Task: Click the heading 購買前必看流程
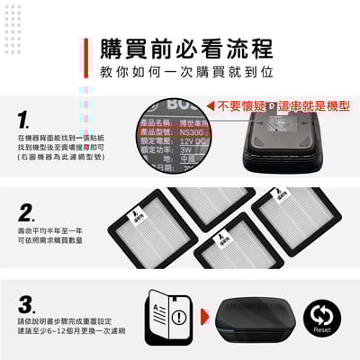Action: click(186, 48)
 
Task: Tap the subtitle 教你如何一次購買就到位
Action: click(186, 70)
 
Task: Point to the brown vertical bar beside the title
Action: click(85, 58)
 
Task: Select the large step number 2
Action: click(27, 212)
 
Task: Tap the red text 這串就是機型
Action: click(310, 104)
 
